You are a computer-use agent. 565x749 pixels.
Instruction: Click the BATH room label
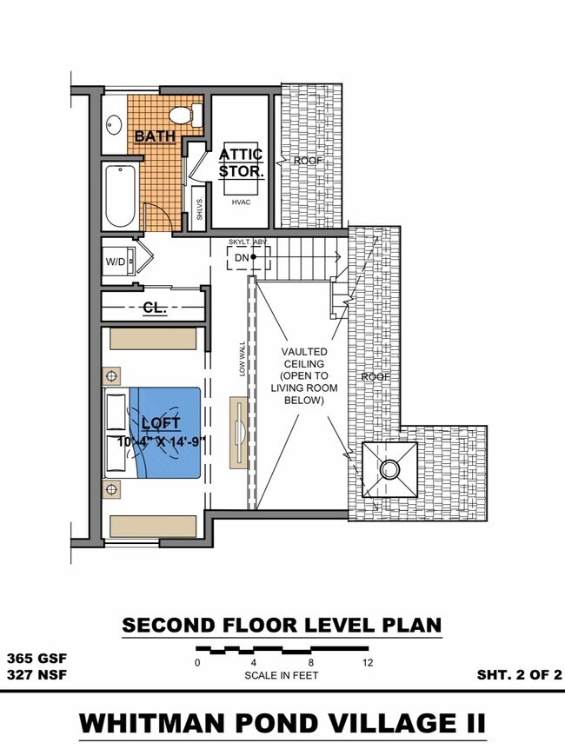tap(155, 136)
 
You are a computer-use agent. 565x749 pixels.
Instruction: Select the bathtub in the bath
tap(120, 196)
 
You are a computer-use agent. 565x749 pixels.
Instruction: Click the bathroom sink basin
tap(114, 124)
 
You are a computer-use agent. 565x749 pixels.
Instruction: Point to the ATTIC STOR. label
tap(241, 162)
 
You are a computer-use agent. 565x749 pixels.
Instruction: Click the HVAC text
tap(241, 202)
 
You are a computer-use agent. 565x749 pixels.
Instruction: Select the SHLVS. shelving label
tap(199, 209)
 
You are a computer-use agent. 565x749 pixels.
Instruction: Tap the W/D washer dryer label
tap(115, 260)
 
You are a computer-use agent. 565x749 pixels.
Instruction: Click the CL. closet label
tap(155, 308)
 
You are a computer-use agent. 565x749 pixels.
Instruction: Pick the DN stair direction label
tap(241, 257)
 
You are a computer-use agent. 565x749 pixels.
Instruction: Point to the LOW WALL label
tap(243, 356)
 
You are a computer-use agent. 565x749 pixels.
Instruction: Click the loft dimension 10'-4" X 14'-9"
tap(161, 441)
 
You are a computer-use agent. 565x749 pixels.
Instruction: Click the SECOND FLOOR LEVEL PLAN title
tap(282, 625)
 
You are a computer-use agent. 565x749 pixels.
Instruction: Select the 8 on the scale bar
tap(311, 663)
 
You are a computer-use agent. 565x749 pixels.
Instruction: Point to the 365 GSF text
tap(36, 658)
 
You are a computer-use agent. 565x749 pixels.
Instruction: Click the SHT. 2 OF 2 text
tap(519, 674)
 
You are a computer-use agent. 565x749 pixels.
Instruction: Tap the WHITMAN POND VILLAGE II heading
tap(282, 723)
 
